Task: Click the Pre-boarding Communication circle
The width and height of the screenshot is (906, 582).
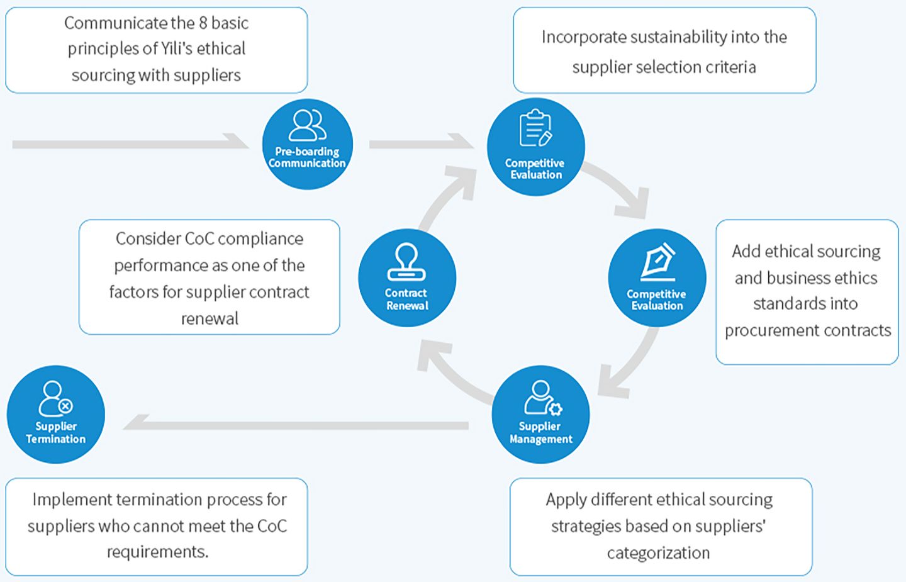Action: tap(307, 144)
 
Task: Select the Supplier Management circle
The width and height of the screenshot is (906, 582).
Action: tap(540, 414)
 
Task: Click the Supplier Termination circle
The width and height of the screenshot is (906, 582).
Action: tap(55, 414)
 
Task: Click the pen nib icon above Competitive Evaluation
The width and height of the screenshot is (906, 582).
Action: tap(657, 261)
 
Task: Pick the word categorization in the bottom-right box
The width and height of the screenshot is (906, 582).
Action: tap(658, 552)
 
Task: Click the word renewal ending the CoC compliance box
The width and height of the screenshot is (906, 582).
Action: tap(210, 318)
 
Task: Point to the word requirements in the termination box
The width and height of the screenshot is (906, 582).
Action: tap(157, 552)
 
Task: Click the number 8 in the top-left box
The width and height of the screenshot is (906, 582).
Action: tap(203, 23)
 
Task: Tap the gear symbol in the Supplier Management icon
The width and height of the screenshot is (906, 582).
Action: tap(555, 409)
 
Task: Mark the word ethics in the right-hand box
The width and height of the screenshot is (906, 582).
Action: tap(854, 277)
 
